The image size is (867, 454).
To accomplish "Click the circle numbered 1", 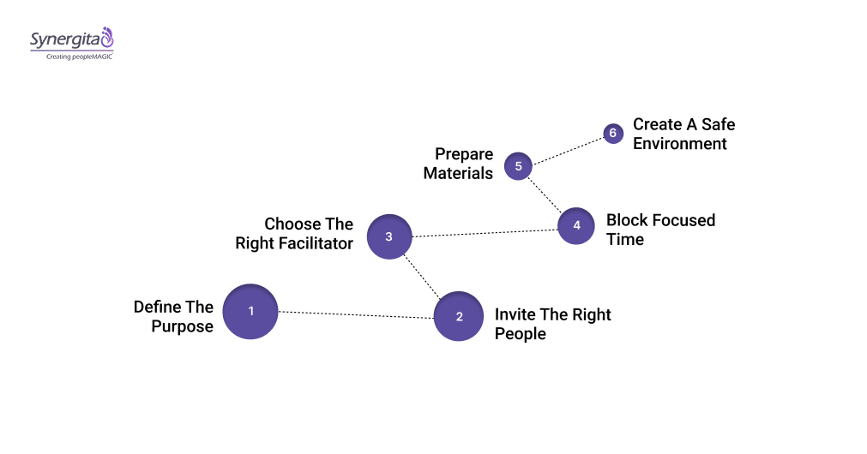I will pyautogui.click(x=250, y=311).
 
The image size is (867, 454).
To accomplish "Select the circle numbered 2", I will pyautogui.click(x=459, y=316).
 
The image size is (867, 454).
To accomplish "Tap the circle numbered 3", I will pyautogui.click(x=389, y=236).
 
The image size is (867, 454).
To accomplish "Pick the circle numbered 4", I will pyautogui.click(x=576, y=226).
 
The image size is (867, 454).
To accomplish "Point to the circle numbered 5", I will pyautogui.click(x=518, y=165).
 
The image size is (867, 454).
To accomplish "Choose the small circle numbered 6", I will pyautogui.click(x=612, y=134).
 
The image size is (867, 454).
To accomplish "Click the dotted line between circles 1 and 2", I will pyautogui.click(x=355, y=314).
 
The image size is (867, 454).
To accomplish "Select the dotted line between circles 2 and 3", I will pyautogui.click(x=424, y=277).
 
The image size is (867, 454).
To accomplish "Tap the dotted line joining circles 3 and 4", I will pyautogui.click(x=485, y=231).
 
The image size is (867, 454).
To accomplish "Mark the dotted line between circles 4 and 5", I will pyautogui.click(x=545, y=194).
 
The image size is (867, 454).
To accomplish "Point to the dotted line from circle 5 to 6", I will pyautogui.click(x=567, y=149).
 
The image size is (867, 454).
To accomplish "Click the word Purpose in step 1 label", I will pyautogui.click(x=182, y=326).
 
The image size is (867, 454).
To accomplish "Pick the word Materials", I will pyautogui.click(x=458, y=173).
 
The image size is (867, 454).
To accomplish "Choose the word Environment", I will pyautogui.click(x=680, y=144).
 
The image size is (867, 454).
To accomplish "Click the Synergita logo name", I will pyautogui.click(x=64, y=39).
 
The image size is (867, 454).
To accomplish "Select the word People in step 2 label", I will pyautogui.click(x=520, y=334).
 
